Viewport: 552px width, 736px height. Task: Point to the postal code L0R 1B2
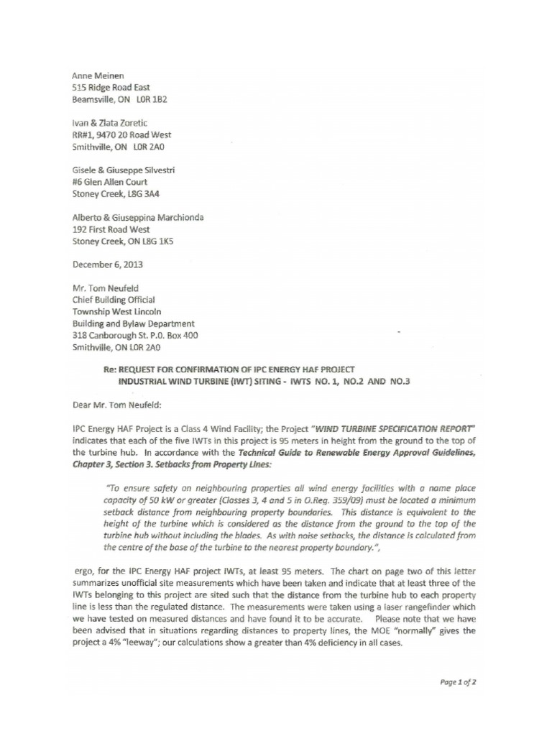click(x=150, y=100)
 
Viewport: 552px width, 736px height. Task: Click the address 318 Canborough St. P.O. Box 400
click(x=135, y=335)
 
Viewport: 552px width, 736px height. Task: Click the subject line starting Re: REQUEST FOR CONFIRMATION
click(x=229, y=370)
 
